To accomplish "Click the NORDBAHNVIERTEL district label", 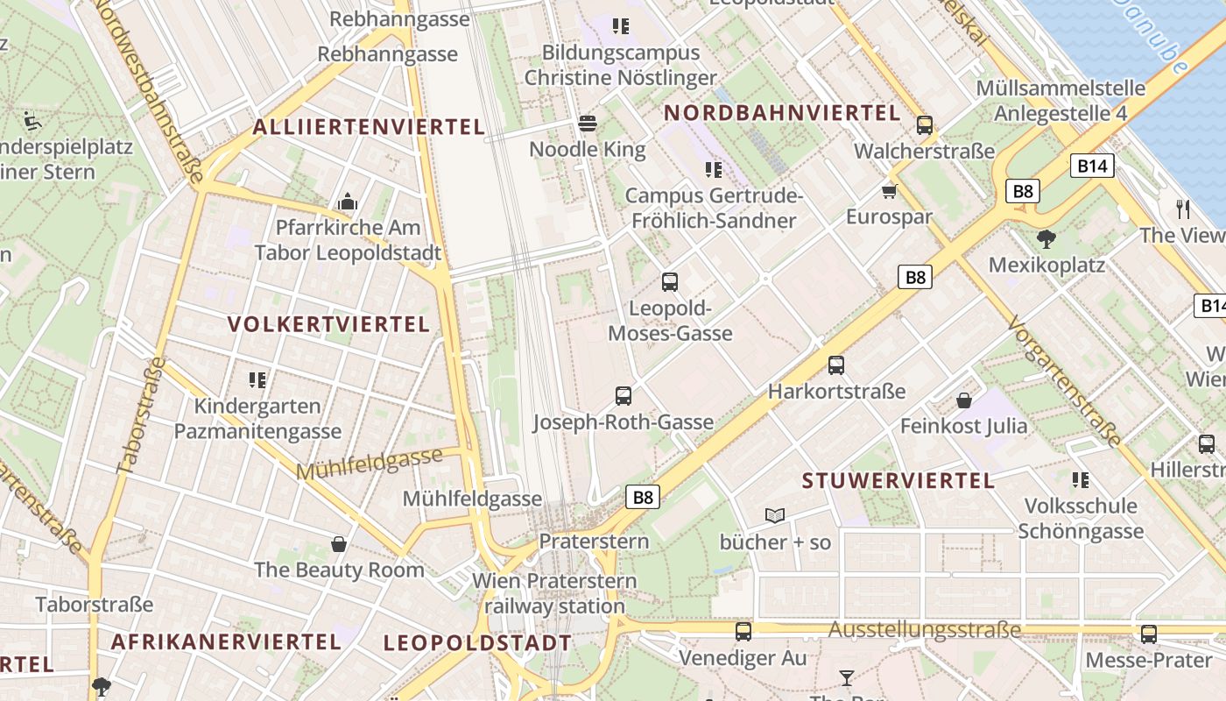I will point(782,113).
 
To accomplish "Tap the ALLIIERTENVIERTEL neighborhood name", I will point(369,127).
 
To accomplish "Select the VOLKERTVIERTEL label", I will point(328,324).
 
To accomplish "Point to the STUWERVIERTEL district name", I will point(898,480).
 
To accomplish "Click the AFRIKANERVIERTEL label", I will point(226,641).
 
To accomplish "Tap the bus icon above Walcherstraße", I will point(924,125).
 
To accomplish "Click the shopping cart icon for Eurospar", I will point(890,191).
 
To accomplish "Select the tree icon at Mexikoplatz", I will point(1046,238).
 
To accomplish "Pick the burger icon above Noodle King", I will point(588,124).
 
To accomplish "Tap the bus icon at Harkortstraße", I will point(836,365).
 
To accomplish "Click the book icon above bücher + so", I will point(775,515).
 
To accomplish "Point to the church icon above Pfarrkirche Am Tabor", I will point(348,202).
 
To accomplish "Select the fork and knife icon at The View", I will point(1183,209).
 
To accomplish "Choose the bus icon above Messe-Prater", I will point(1149,634).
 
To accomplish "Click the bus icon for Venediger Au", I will point(743,631).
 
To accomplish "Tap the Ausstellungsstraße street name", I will point(924,629).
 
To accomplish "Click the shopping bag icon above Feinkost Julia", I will point(964,400).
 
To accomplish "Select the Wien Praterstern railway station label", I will point(554,593).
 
